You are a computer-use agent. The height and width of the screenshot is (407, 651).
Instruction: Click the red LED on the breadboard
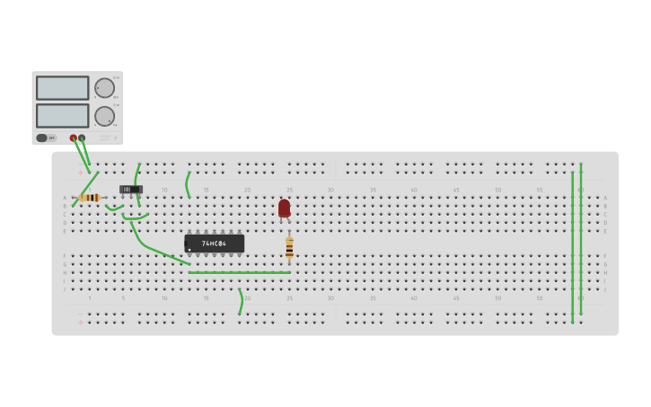[x=284, y=208]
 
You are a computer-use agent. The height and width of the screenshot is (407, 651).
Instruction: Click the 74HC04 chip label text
[x=214, y=243]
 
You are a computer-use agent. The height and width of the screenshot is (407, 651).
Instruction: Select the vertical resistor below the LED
[x=289, y=247]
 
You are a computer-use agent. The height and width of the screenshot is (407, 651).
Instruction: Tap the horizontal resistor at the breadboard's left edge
[x=89, y=198]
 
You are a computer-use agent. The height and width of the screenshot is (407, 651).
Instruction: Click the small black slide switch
[x=130, y=189]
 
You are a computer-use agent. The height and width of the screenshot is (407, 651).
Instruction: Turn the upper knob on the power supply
[x=104, y=88]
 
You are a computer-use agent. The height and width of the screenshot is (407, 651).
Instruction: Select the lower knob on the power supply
[x=104, y=116]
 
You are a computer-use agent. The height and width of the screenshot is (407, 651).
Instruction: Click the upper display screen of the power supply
[x=62, y=88]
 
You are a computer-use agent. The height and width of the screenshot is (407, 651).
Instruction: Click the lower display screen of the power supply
[x=62, y=116]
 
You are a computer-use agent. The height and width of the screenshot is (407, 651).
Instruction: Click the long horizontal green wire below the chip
[x=239, y=272]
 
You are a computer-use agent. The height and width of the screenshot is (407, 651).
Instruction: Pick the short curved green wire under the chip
[x=241, y=302]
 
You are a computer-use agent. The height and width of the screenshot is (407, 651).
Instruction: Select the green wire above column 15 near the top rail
[x=187, y=185]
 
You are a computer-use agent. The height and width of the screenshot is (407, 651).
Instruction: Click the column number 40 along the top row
[x=414, y=190]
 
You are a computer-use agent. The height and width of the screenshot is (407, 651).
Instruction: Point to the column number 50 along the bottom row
[x=497, y=298]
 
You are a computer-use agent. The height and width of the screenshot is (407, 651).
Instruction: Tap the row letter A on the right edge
[x=605, y=198]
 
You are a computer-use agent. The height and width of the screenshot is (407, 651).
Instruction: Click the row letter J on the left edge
[x=65, y=289]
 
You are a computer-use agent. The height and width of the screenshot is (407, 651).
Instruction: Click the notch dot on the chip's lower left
[x=189, y=249]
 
